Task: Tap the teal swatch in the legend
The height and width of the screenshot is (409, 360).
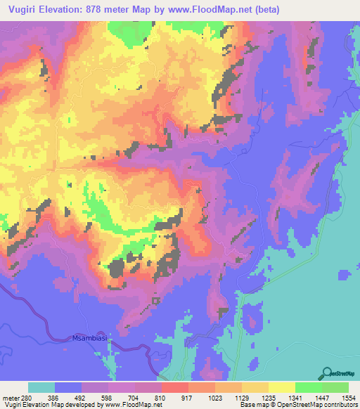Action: [x=41, y=387]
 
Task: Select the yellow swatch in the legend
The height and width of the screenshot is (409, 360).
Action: [x=281, y=387]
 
